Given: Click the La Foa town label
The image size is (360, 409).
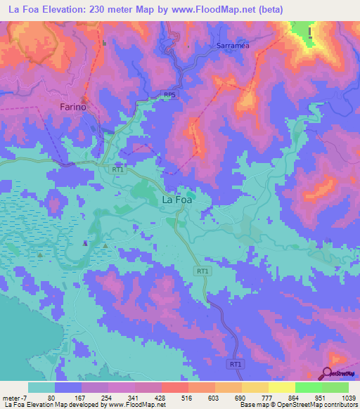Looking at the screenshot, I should pos(177,200).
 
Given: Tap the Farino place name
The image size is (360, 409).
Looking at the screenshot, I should pos(72,108).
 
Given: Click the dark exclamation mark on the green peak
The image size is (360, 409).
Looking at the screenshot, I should pos(310,31).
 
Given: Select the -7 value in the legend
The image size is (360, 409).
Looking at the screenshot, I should pos(24,398).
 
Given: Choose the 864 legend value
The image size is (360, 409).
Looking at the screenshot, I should pos(281,398).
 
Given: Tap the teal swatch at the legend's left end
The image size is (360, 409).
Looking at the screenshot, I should pos(41,387).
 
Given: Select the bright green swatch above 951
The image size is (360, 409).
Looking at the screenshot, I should pos(308,387).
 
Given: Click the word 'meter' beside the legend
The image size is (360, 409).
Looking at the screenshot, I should pos(11,398).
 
